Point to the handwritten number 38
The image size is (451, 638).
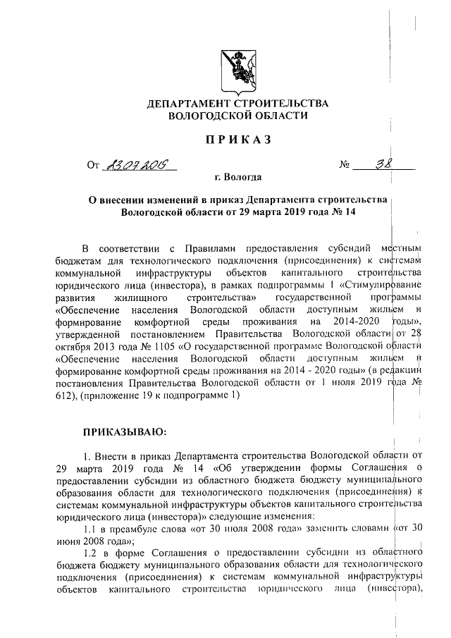point(384,164)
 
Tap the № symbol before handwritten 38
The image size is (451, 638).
point(345,166)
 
